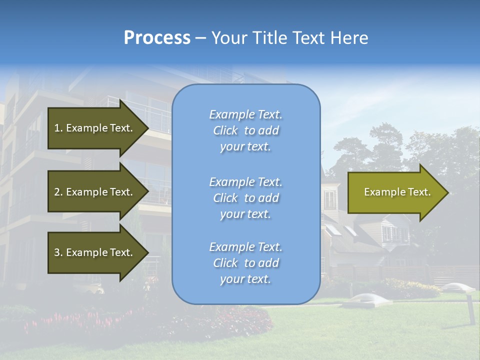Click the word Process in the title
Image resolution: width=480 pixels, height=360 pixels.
pos(157,38)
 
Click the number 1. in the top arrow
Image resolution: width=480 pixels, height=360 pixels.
pos(58,128)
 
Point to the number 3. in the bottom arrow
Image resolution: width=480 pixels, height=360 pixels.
pos(58,252)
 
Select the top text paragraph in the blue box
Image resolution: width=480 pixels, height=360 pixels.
pos(245,130)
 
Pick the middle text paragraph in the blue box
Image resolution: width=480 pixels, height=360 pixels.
pos(245,198)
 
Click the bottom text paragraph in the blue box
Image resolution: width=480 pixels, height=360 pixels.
pos(245,263)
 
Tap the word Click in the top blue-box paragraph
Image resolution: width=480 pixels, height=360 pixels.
pos(225,130)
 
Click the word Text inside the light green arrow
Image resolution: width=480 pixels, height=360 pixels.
pos(419,192)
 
